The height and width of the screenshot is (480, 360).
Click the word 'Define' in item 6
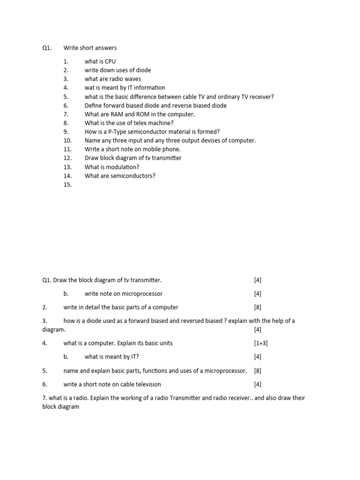tap(94, 105)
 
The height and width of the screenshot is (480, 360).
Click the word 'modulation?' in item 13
tap(124, 167)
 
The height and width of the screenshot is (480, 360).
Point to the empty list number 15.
tap(67, 185)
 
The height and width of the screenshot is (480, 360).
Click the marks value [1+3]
tap(261, 343)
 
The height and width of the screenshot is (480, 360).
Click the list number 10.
tap(67, 141)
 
